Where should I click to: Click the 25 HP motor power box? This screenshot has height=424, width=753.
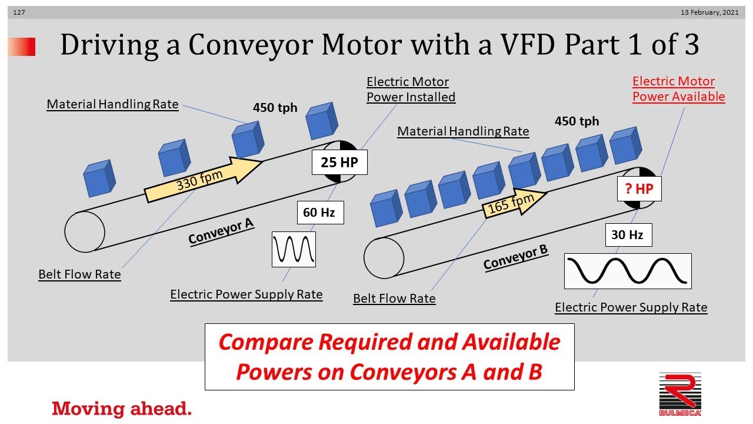point(339,162)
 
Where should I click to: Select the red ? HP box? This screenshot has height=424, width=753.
point(639,189)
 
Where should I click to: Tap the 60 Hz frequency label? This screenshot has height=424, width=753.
point(321,213)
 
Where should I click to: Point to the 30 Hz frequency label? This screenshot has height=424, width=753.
point(629,235)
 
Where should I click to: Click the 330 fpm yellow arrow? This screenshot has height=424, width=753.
point(203,180)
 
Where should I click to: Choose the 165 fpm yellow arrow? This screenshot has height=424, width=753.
point(514,203)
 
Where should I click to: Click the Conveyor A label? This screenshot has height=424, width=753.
point(221,231)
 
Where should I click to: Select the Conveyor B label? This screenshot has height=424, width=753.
point(516,257)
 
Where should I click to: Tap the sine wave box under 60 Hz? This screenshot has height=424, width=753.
point(294,249)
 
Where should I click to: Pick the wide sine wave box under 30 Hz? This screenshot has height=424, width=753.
point(628,271)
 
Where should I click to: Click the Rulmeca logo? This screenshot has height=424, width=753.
point(680,395)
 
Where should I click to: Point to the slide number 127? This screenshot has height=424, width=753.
point(19,12)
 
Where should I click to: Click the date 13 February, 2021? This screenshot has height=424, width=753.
point(709,12)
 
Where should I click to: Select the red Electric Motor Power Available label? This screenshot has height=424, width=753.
point(678,89)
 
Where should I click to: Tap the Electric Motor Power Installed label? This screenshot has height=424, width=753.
point(411,89)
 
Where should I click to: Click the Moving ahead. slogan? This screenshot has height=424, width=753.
point(122,409)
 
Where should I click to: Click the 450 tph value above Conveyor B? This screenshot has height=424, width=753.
point(577,121)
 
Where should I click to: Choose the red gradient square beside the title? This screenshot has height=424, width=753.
point(22,47)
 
